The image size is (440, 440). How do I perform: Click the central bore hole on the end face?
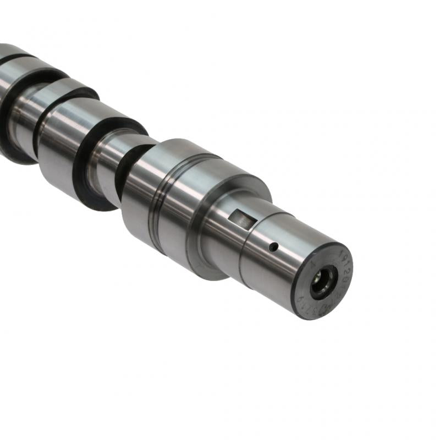323,281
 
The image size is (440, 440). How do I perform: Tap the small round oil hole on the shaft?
273,249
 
